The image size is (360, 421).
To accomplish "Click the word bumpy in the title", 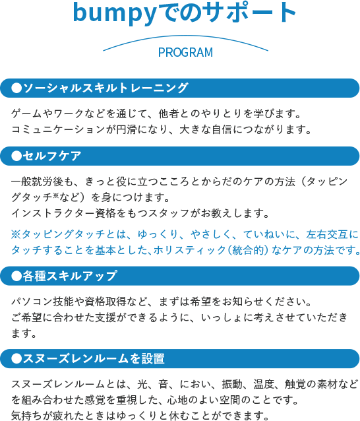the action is [x=115, y=13].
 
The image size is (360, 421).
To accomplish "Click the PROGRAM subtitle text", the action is [x=186, y=52].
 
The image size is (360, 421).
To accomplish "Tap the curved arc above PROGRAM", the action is [x=186, y=36].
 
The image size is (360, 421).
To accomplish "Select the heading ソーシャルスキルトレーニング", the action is [x=105, y=88].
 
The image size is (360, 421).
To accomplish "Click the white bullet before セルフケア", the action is [x=16, y=156].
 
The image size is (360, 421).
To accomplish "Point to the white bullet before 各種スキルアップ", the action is [x=16, y=276].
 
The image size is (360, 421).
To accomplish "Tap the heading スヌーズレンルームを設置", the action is [x=94, y=358].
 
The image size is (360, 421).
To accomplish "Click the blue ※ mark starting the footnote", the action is [x=16, y=234].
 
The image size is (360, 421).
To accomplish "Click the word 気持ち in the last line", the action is [x=27, y=415].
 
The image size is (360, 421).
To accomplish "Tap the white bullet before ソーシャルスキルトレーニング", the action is [x=16, y=88].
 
